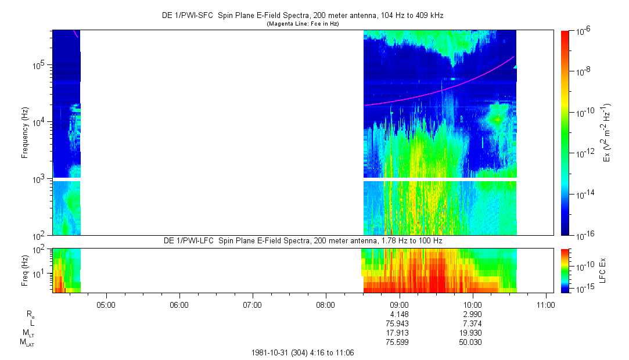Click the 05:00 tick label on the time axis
coord(106,304)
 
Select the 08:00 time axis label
coord(326,304)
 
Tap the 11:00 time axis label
coord(545,304)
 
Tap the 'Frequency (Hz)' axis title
coord(25,133)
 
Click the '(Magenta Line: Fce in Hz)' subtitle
coord(302,24)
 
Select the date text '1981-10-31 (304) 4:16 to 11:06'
coord(302,352)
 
